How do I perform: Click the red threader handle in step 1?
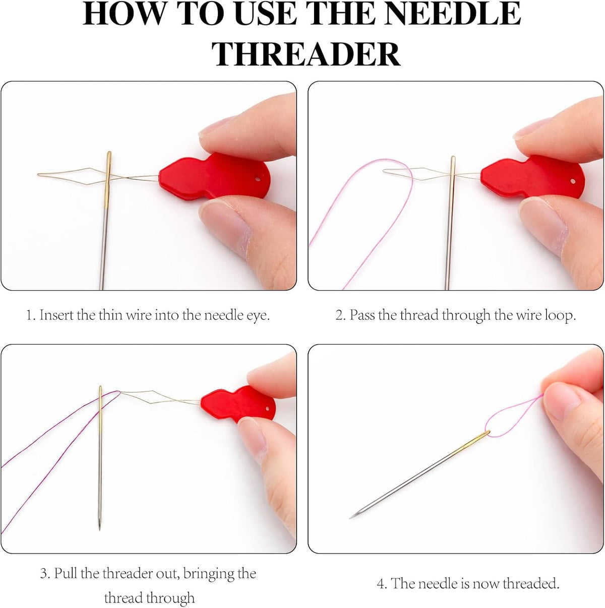(214, 176)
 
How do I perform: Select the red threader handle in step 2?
(532, 177)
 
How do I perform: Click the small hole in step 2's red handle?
(573, 181)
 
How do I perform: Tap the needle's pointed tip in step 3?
(99, 529)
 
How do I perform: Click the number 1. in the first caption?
(31, 315)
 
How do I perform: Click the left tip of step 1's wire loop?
(38, 174)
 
